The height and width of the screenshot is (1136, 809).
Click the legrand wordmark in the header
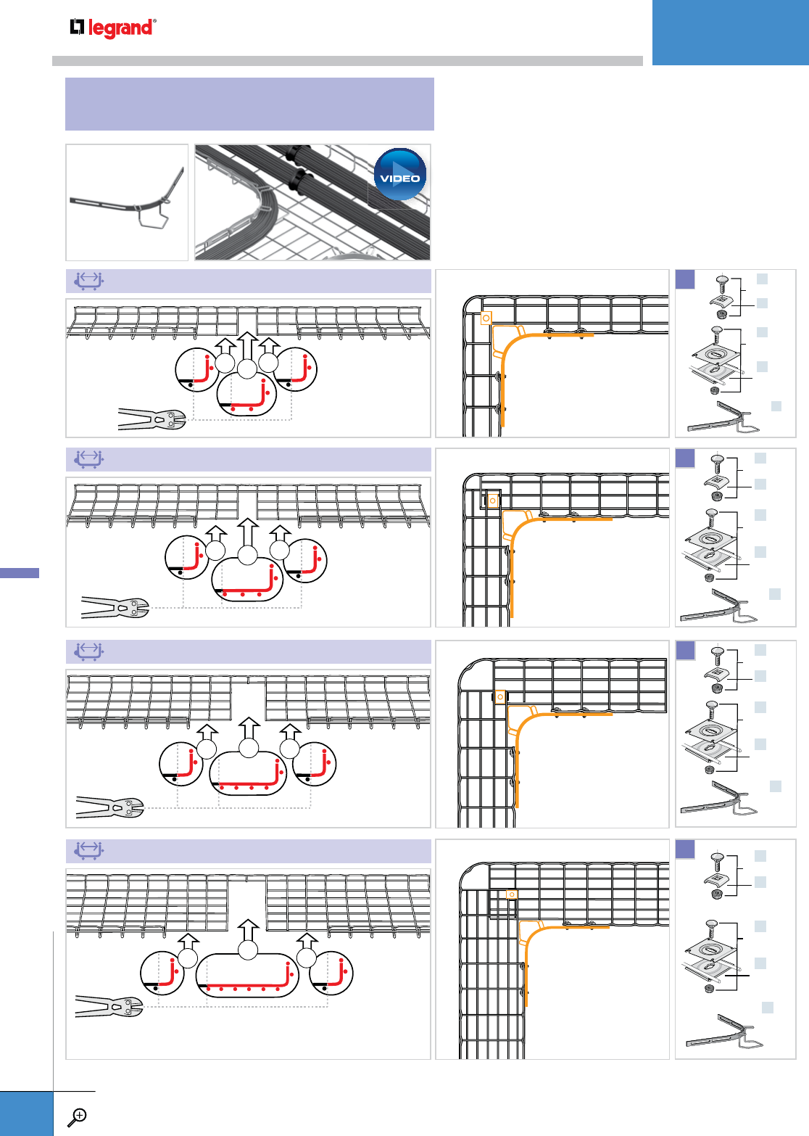click(121, 28)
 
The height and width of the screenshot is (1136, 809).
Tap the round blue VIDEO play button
click(400, 174)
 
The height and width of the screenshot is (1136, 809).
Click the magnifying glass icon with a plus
click(77, 1116)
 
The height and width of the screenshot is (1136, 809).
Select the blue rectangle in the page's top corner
click(730, 32)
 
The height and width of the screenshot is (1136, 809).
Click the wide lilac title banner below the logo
click(249, 104)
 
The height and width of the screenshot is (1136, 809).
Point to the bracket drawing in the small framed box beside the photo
click(128, 203)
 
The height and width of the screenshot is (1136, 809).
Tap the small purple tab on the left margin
click(20, 573)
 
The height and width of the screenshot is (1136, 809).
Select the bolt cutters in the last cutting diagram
click(109, 1007)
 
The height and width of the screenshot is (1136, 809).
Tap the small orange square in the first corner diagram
click(486, 317)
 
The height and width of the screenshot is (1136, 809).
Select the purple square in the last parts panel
click(685, 849)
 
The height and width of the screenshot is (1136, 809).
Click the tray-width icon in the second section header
click(88, 459)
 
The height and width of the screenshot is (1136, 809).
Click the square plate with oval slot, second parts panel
click(711, 538)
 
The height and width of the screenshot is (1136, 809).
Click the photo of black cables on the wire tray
click(312, 202)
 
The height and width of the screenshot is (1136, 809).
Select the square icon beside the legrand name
click(78, 28)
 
